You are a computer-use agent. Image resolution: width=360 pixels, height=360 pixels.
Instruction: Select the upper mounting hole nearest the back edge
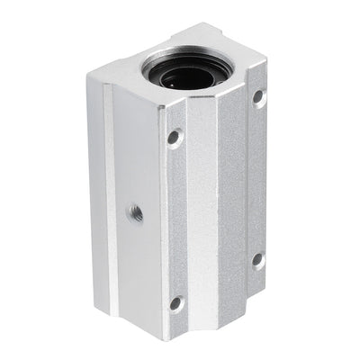258,96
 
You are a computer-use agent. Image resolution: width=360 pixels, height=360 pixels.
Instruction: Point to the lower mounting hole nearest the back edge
257,259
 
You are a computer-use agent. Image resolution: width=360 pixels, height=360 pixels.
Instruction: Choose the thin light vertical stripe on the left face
110,180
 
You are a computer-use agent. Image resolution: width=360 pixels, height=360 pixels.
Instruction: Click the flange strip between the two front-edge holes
175,220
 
